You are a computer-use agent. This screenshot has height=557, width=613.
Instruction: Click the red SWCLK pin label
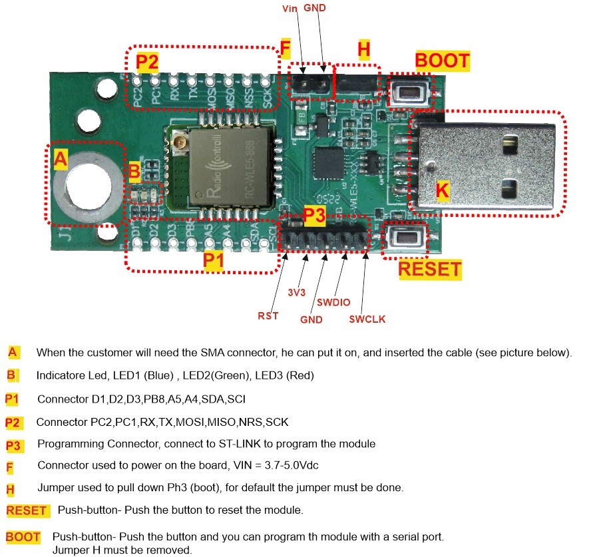coord(367,319)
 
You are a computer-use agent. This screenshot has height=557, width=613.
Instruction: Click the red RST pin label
coord(268,315)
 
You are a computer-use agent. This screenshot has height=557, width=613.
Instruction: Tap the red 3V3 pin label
coord(298,293)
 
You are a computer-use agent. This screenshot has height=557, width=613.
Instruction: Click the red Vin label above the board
coord(291,9)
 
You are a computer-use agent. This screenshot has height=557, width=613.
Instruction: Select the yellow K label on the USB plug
coord(443,190)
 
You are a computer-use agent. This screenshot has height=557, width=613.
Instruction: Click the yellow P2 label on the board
coord(147,63)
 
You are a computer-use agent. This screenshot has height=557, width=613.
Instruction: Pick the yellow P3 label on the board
coord(314,215)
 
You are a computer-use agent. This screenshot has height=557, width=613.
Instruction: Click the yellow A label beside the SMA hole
coord(61,159)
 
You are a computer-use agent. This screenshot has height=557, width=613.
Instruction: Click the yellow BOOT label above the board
coord(443,61)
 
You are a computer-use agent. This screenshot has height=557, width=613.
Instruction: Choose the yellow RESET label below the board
coord(429,269)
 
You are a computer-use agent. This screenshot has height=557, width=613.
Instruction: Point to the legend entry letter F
coord(11,466)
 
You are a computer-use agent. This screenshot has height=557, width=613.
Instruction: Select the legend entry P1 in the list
coord(12,399)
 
